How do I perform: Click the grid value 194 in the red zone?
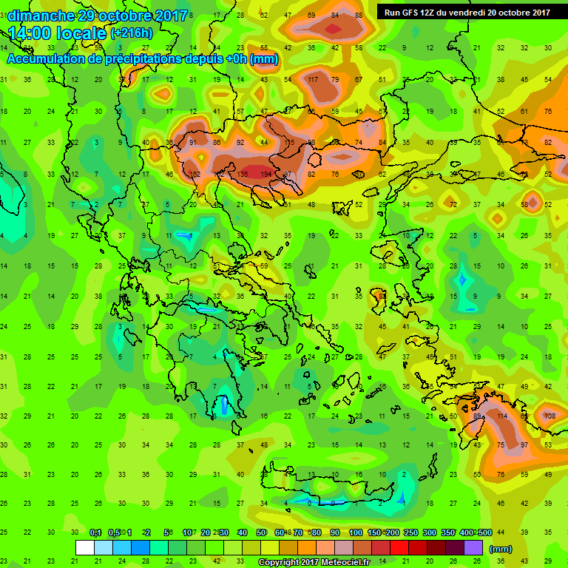pyautogui.click(x=266, y=174)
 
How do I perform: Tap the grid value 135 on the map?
pyautogui.click(x=242, y=174)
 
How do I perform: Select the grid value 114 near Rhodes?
pyautogui.click(x=502, y=416)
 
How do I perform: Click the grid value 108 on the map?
pyautogui.click(x=550, y=416)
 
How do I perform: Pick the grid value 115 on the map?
pyautogui.click(x=290, y=142)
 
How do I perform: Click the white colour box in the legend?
pyautogui.click(x=85, y=548)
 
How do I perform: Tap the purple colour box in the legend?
pyautogui.click(x=473, y=548)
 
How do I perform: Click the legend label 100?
pyautogui.click(x=356, y=532)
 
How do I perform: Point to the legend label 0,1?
pyautogui.click(x=95, y=532)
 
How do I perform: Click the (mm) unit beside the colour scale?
pyautogui.click(x=501, y=549)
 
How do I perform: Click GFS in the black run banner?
pyautogui.click(x=412, y=12)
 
